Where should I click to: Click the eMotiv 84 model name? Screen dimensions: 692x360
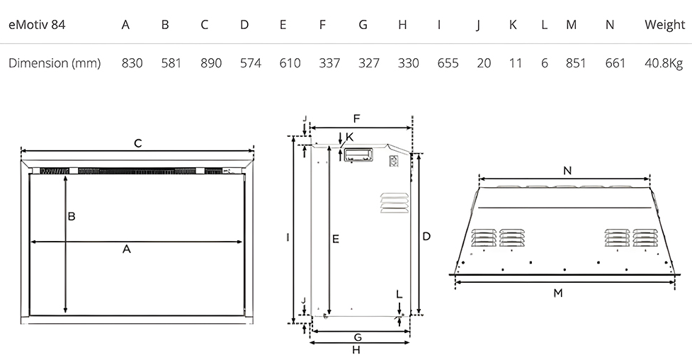(37, 25)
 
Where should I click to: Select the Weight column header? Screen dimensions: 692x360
(664, 26)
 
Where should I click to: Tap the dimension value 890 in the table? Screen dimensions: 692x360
(211, 63)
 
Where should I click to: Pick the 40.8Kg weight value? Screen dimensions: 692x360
(664, 64)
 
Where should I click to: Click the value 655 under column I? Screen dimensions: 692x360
(448, 63)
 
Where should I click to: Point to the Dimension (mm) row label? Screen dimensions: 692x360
(55, 63)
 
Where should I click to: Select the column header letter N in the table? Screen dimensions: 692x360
(609, 25)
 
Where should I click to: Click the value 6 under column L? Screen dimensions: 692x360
(544, 63)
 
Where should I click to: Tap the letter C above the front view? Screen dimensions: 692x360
(137, 144)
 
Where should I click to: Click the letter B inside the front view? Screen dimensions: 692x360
(72, 216)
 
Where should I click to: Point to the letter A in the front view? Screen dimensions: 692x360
(127, 249)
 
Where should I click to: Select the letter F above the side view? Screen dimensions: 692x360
(356, 119)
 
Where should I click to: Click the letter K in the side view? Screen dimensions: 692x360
(349, 137)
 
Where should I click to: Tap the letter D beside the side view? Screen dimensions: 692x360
(426, 236)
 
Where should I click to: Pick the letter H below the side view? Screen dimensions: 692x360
(356, 350)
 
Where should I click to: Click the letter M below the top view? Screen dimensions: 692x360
(558, 293)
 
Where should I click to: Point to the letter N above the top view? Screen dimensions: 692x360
(567, 171)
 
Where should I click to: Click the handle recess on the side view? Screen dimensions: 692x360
(358, 155)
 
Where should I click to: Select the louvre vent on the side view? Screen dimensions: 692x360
(394, 203)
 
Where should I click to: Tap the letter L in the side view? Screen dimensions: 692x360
(399, 295)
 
